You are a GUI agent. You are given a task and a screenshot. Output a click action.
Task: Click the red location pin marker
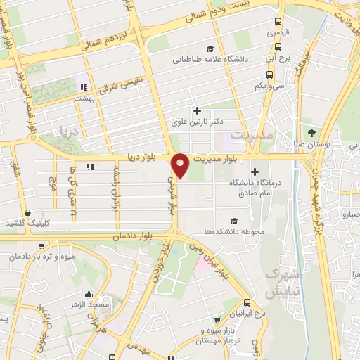181,165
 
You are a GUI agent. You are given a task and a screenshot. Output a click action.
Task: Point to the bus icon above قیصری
278,21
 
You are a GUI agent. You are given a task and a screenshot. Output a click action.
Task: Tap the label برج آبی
278,60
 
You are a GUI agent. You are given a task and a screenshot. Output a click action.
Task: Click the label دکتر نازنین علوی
197,122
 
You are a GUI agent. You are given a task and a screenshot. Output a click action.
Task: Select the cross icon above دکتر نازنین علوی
197,110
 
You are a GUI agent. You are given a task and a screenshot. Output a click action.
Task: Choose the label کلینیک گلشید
27,223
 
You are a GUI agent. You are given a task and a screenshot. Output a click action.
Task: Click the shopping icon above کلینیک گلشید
27,212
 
